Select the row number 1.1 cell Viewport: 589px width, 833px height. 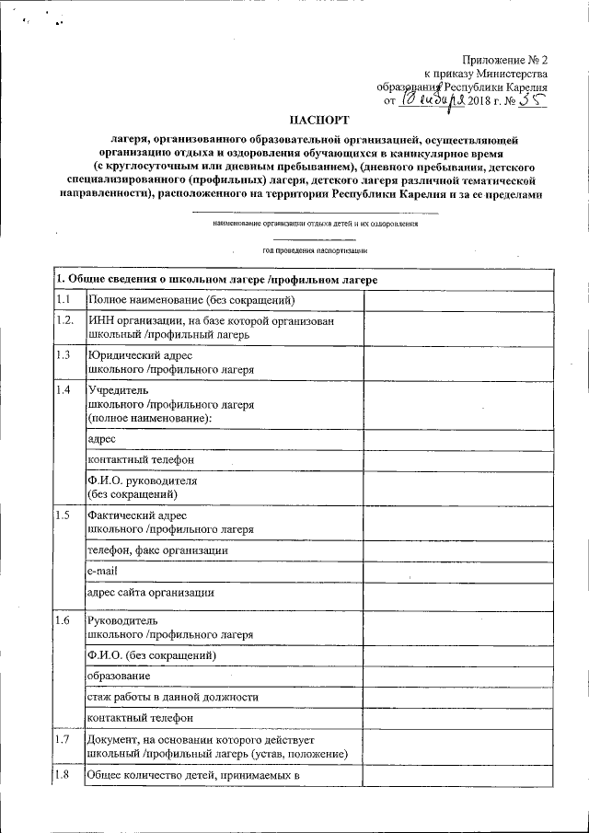click(66, 301)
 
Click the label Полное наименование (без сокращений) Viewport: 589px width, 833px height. click(191, 301)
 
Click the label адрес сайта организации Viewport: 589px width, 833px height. click(151, 593)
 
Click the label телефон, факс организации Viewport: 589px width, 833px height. click(157, 550)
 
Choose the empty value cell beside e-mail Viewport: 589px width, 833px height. click(457, 572)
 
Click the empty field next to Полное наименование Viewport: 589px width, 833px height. click(457, 301)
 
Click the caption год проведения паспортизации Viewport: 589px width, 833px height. click(315, 250)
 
